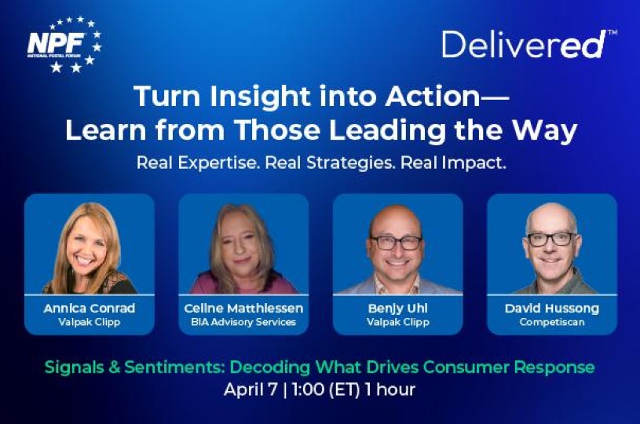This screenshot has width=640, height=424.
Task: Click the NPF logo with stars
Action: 64,44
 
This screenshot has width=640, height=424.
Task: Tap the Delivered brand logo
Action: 529,44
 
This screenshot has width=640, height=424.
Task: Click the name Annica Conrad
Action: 90,308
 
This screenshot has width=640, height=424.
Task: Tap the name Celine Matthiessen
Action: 243,308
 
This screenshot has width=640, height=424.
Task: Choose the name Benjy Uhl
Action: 398,308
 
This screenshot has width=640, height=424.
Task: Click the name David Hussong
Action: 552,308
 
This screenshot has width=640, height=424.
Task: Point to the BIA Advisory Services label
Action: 243,322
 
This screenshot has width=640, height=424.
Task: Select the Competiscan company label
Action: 552,322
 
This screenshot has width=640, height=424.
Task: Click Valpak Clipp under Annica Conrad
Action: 90,322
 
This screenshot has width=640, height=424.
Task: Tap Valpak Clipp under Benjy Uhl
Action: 398,322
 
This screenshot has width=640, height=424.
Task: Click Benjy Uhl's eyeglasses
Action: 396,243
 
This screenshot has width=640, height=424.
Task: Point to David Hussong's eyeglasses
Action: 551,239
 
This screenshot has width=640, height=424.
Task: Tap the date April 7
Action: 251,389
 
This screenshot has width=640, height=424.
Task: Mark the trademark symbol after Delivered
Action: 613,32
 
